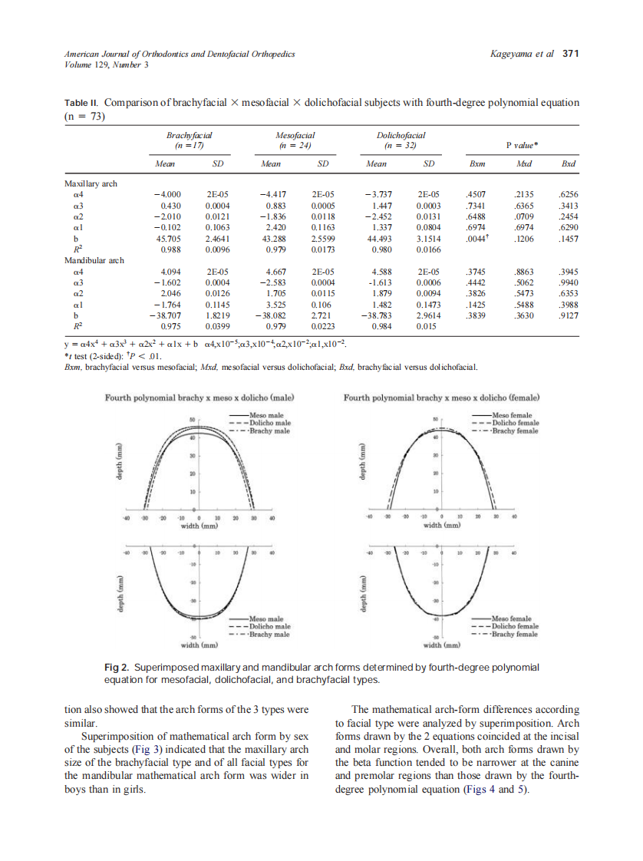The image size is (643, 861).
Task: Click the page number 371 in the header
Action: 569,54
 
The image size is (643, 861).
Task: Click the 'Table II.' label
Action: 81,102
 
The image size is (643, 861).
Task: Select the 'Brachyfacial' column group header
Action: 186,135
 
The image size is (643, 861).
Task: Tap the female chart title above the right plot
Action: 441,398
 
